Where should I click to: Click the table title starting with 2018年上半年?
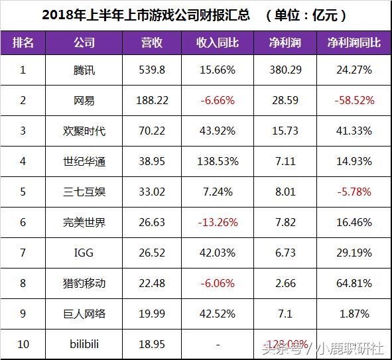[196, 15]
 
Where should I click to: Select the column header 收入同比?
[218, 43]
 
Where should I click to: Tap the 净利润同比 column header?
[354, 43]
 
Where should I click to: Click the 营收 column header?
[152, 43]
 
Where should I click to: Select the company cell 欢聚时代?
[84, 131]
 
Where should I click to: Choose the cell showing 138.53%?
[218, 162]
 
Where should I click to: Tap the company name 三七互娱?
[84, 192]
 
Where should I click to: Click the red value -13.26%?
[218, 223]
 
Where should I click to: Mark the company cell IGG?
[84, 253]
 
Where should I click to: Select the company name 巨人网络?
[84, 314]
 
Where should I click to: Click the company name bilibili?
[84, 345]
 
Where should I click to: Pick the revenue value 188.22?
[152, 101]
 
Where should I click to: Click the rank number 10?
[23, 345]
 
